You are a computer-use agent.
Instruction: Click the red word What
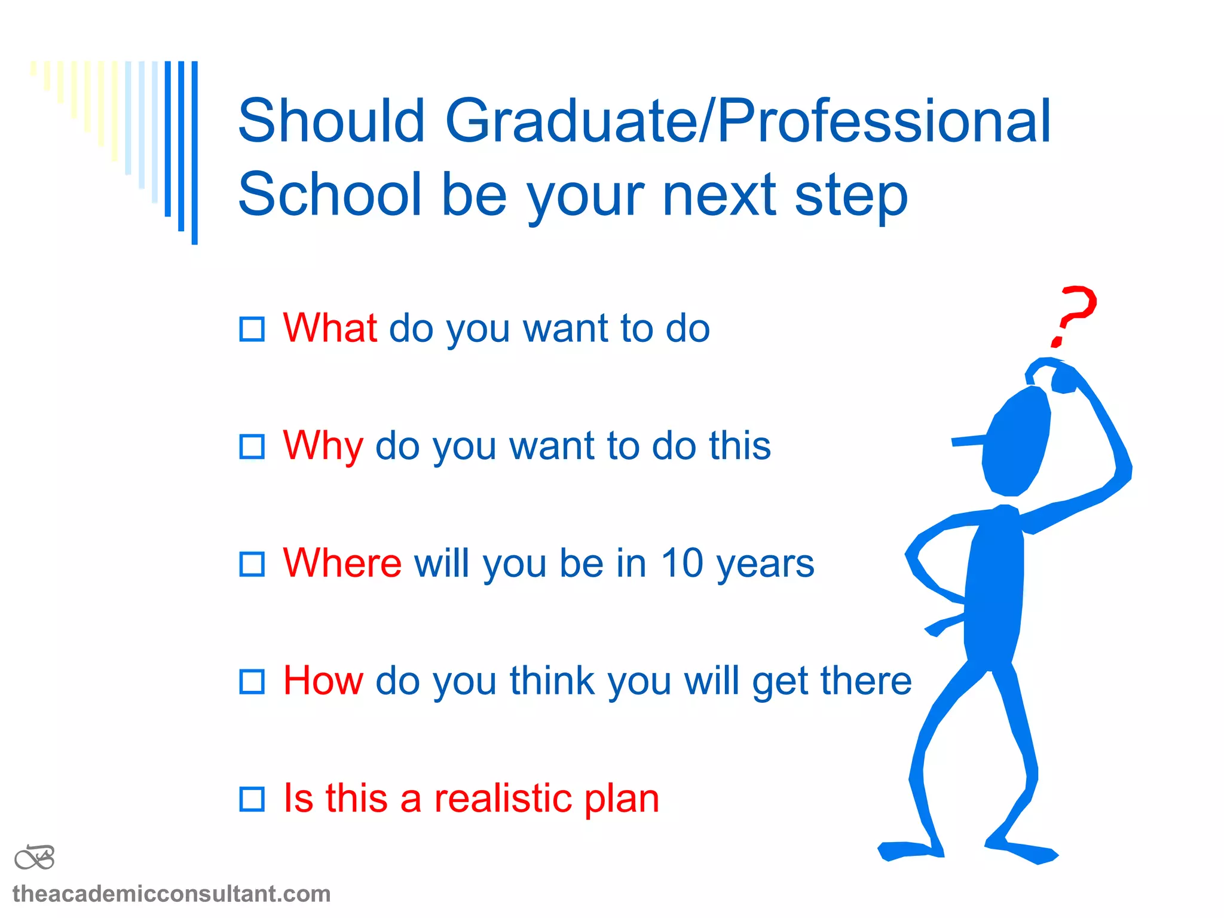pyautogui.click(x=329, y=328)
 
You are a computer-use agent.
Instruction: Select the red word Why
pyautogui.click(x=323, y=446)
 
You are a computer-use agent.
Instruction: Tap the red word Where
pyautogui.click(x=342, y=563)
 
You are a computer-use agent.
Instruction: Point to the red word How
pyautogui.click(x=323, y=681)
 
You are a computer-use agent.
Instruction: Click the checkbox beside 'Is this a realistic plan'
pyautogui.click(x=252, y=799)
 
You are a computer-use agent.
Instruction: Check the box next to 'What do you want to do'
pyautogui.click(x=252, y=329)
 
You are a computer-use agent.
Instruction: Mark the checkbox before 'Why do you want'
pyautogui.click(x=252, y=446)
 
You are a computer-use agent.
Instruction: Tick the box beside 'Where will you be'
pyautogui.click(x=252, y=564)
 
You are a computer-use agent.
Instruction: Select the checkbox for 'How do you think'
pyautogui.click(x=252, y=681)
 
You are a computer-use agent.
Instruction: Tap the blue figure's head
pyautogui.click(x=1016, y=442)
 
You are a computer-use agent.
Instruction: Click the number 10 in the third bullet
pyautogui.click(x=682, y=563)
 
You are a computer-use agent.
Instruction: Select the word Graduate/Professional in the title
pyautogui.click(x=747, y=121)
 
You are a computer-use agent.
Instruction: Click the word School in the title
pyautogui.click(x=329, y=194)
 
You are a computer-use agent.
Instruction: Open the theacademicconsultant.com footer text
pyautogui.click(x=172, y=894)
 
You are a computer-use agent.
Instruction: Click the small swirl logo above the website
pyautogui.click(x=35, y=858)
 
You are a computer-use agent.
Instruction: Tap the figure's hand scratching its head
pyautogui.click(x=1064, y=380)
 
